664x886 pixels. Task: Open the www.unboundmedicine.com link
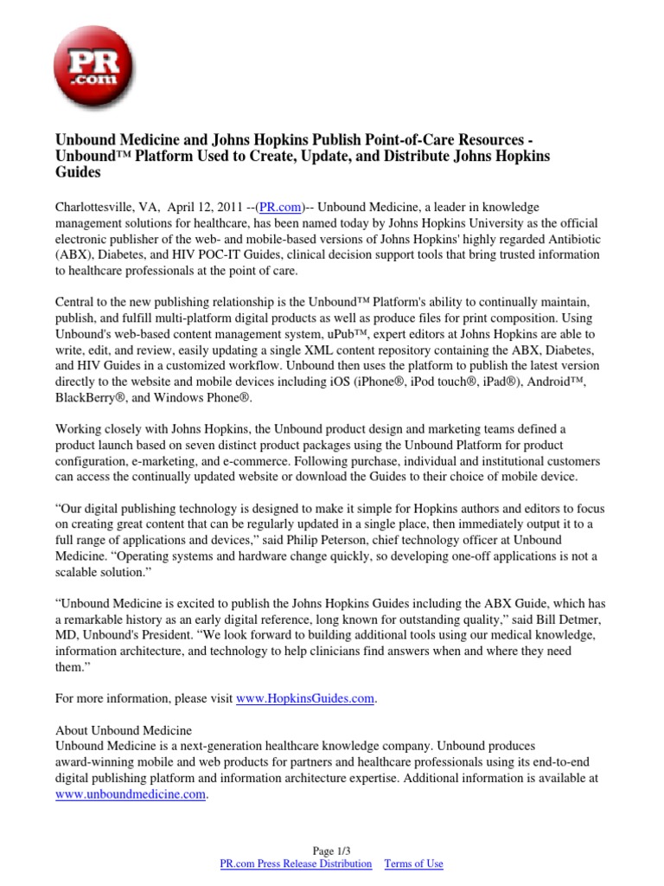[x=131, y=793]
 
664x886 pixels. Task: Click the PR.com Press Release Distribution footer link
[x=297, y=864]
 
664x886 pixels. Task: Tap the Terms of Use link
[x=413, y=864]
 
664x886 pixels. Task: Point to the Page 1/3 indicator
[x=331, y=851]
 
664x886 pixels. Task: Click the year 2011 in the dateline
[x=229, y=207]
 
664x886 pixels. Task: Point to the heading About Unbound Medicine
[x=124, y=730]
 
